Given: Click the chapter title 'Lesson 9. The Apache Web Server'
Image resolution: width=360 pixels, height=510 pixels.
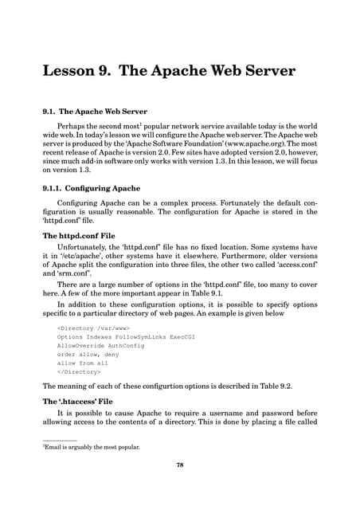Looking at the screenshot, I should point(169,71).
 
